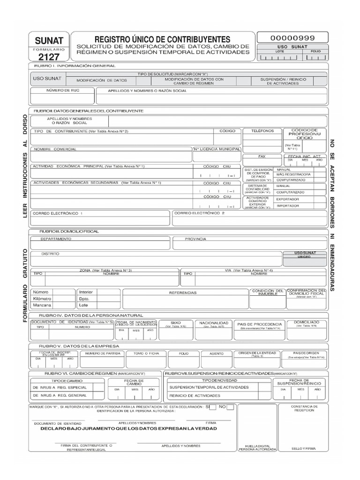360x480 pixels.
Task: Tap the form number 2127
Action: (49, 57)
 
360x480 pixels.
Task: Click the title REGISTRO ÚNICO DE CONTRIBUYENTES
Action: (163, 39)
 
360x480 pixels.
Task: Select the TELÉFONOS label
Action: (262, 131)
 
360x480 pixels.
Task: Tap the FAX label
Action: (262, 156)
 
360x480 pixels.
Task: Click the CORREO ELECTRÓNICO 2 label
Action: (200, 213)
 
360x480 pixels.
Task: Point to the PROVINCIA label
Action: (195, 239)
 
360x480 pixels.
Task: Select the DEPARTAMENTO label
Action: (56, 239)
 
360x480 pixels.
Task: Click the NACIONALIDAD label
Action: (214, 323)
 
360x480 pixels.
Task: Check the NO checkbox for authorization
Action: (230, 407)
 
